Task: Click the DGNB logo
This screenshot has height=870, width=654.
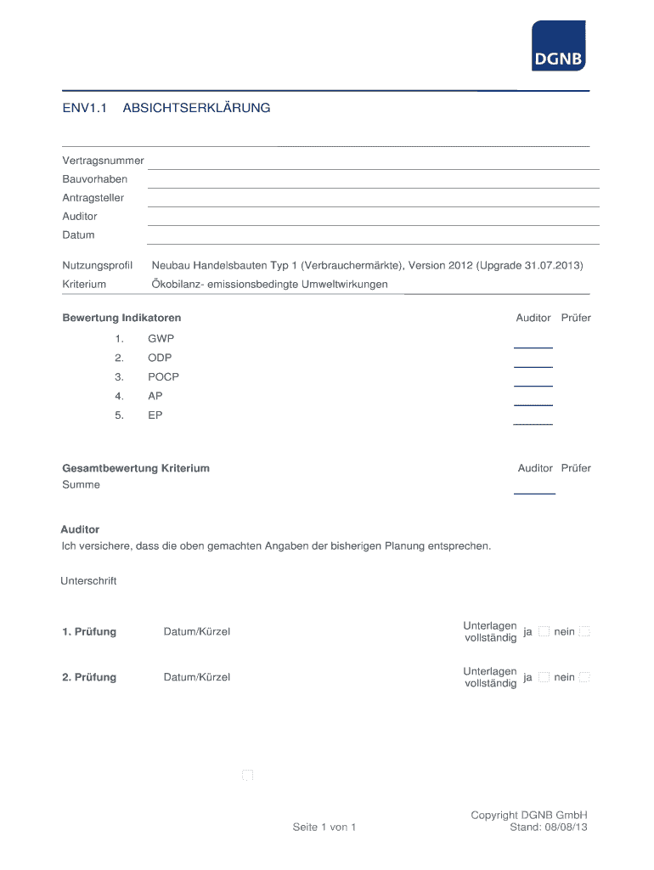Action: (558, 46)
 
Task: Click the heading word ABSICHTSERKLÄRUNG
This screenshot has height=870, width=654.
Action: (196, 108)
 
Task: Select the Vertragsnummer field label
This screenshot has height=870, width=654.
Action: (103, 161)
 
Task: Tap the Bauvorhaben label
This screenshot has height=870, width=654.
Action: (95, 179)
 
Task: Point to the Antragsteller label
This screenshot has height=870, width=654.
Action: (93, 198)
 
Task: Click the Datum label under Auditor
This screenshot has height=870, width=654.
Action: (78, 234)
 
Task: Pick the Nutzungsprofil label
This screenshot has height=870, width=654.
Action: (98, 266)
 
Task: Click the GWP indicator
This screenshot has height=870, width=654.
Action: (161, 338)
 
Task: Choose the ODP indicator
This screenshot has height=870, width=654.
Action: (160, 358)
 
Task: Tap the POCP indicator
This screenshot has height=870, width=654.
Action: (163, 376)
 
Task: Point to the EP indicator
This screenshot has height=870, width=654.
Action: (155, 415)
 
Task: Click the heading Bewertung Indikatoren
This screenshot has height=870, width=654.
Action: (121, 318)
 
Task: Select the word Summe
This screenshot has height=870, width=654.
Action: (81, 484)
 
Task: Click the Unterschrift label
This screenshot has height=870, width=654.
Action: (88, 581)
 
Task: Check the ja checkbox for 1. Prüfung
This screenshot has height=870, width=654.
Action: (544, 631)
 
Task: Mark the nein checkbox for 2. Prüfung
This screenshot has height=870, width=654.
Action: (584, 677)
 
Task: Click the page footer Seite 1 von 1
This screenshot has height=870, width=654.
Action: (324, 827)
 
